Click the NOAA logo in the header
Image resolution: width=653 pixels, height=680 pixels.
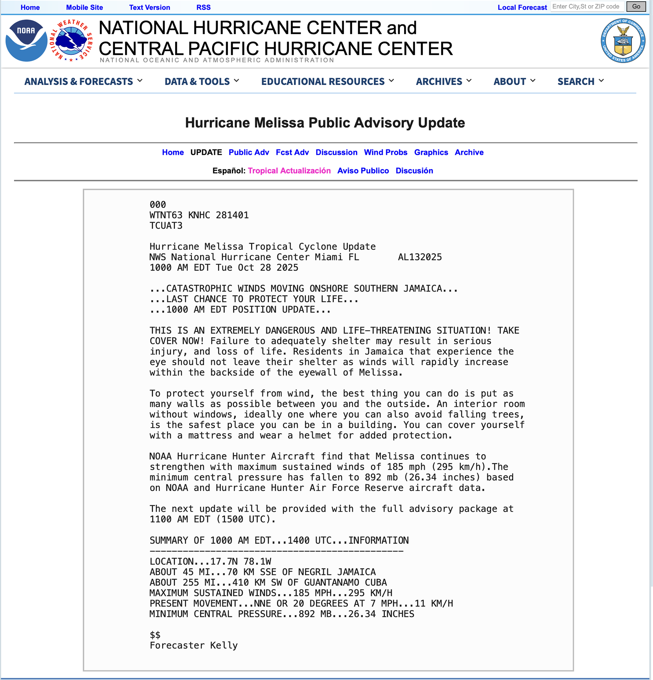26,41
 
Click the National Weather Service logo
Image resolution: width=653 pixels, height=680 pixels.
72,41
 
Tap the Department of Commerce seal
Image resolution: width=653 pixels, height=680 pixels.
623,41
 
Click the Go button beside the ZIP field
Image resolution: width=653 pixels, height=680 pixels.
636,6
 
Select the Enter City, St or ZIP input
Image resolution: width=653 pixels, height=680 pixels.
587,6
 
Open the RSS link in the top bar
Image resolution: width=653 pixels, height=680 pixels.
203,7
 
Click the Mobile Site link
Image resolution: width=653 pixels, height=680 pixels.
84,7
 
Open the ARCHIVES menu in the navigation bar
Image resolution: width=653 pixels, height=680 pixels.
443,82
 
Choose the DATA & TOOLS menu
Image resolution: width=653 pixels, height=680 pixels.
201,82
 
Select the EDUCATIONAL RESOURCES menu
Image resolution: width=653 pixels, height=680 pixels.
328,82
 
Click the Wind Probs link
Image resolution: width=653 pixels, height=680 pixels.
385,152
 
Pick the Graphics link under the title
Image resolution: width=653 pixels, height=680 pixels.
431,152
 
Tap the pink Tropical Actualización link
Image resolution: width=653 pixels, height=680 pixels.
289,171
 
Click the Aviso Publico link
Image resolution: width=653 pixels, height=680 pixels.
363,171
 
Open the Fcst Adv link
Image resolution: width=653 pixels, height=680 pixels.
292,152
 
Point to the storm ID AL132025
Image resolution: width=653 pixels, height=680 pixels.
420,257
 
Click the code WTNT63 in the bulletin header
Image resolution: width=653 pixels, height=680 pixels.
166,215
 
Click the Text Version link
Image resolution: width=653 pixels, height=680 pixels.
149,7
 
